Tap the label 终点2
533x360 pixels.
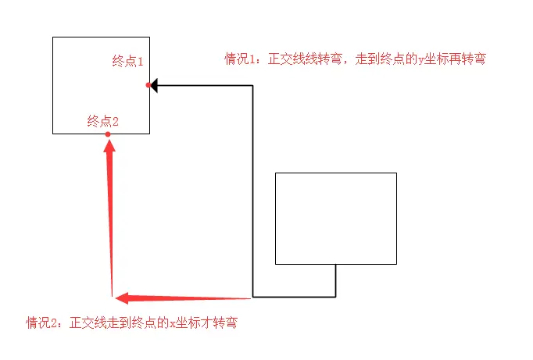tap(103, 121)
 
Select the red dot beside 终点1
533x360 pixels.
tap(148, 85)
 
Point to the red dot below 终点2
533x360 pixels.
tap(108, 134)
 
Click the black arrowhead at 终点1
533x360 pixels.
tap(154, 85)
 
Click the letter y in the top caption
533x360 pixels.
tap(421, 59)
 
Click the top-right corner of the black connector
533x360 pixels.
tap(252, 85)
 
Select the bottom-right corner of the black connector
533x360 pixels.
tap(335, 297)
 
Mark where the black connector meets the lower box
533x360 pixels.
tap(335, 264)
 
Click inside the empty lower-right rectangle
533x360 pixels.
tap(336, 218)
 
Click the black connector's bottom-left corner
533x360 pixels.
tap(252, 297)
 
